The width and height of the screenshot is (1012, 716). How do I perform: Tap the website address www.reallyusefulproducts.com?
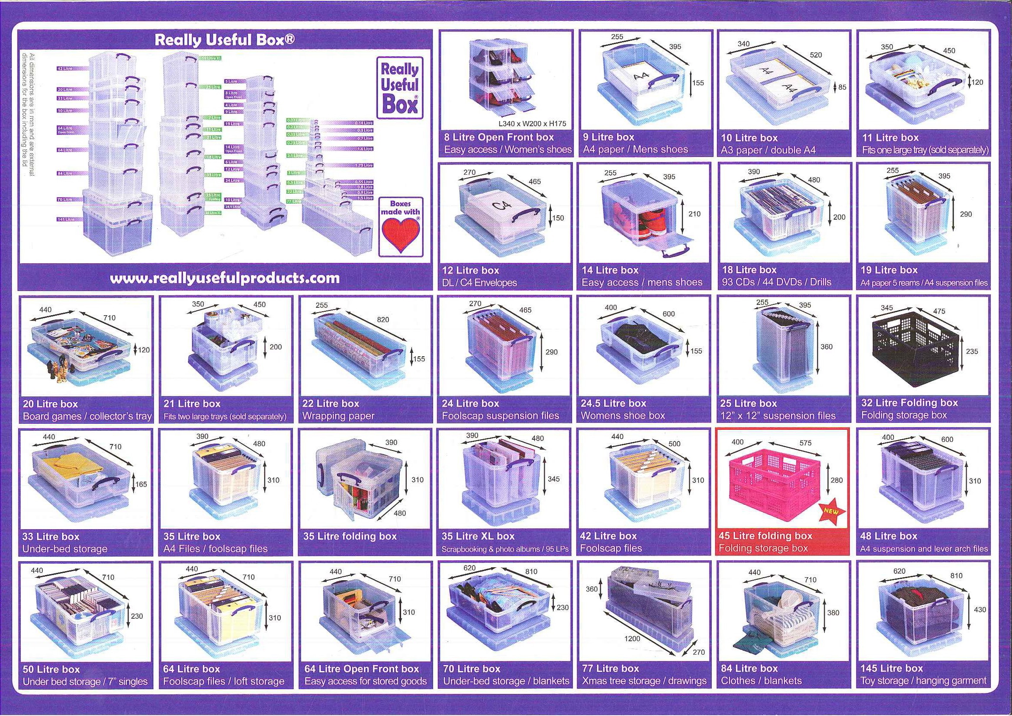click(x=225, y=278)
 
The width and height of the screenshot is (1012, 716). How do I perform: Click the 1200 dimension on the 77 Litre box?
click(x=632, y=639)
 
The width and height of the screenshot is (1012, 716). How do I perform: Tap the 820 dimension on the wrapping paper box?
click(x=383, y=319)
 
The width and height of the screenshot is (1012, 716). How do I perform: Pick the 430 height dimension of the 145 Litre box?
click(x=980, y=610)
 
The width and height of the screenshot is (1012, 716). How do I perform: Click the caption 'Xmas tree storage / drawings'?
click(x=644, y=681)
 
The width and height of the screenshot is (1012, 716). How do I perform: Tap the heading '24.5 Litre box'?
click(x=613, y=403)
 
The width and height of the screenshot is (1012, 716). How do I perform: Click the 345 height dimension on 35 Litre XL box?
click(x=554, y=479)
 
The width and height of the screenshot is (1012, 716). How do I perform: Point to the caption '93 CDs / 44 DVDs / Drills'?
click(x=777, y=282)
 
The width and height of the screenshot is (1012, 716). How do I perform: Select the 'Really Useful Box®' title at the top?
click(x=225, y=40)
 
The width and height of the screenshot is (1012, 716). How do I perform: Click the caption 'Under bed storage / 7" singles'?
click(x=85, y=681)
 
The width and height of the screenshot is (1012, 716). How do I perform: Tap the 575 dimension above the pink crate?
click(x=806, y=443)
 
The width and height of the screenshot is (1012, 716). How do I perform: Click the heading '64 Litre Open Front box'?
click(x=361, y=669)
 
